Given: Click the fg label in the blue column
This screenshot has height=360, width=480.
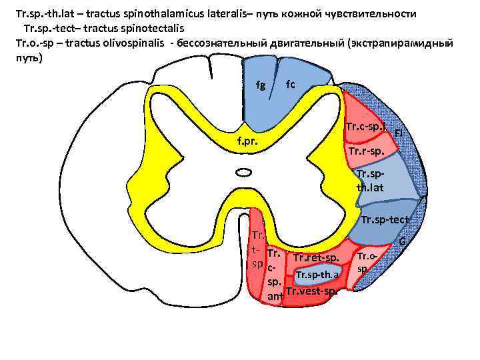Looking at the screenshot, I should [261, 86].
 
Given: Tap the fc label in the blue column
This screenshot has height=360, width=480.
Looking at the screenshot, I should [290, 84].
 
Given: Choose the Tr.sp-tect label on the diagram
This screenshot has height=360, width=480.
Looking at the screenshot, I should [385, 220].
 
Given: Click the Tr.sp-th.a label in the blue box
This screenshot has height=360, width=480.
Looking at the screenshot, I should [317, 275].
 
